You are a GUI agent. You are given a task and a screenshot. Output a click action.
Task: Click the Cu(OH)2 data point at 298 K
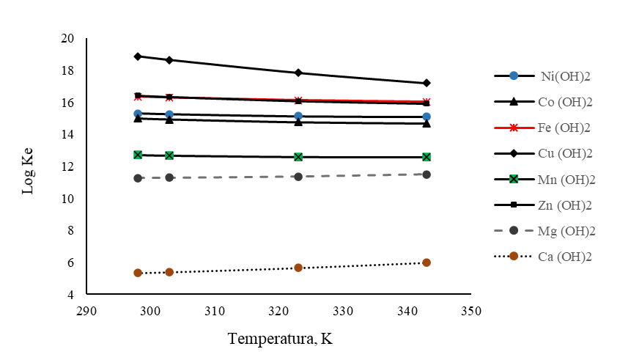pyautogui.click(x=138, y=56)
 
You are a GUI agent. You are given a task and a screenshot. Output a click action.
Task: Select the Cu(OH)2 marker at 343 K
pyautogui.click(x=427, y=83)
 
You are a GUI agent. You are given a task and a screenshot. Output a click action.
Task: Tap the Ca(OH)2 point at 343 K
pyautogui.click(x=427, y=262)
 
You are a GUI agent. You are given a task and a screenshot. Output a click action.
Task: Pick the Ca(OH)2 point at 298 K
pyautogui.click(x=138, y=273)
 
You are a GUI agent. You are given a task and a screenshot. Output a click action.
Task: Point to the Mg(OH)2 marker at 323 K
pyautogui.click(x=298, y=177)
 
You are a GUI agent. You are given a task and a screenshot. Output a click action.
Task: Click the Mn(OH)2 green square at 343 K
pyautogui.click(x=427, y=157)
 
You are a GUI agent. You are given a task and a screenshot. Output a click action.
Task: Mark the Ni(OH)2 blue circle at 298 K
pyautogui.click(x=138, y=114)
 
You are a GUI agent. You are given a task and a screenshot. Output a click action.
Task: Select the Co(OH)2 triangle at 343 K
pyautogui.click(x=427, y=123)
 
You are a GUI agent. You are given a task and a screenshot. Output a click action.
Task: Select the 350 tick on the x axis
pyautogui.click(x=471, y=311)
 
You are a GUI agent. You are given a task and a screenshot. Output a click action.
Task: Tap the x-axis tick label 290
pyautogui.click(x=86, y=311)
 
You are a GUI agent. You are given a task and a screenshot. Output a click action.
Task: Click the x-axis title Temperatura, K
pyautogui.click(x=281, y=339)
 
